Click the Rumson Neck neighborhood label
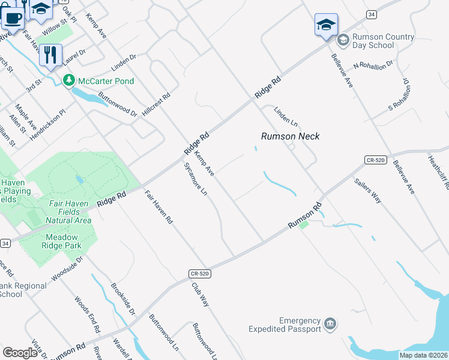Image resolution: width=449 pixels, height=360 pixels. click(290, 136)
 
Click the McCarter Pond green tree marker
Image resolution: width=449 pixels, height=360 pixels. click(69, 80)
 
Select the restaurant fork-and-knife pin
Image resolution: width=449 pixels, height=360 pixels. click(51, 55)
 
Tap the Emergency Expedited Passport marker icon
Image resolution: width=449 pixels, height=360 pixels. click(330, 325)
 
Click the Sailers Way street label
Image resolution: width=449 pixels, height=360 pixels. click(367, 191)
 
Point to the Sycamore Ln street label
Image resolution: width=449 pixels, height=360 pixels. click(195, 179)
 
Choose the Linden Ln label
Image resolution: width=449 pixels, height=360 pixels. click(286, 116)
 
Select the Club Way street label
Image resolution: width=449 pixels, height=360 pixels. click(200, 294)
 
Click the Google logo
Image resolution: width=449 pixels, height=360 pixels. click(20, 352)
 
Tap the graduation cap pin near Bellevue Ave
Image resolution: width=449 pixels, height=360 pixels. click(326, 25)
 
